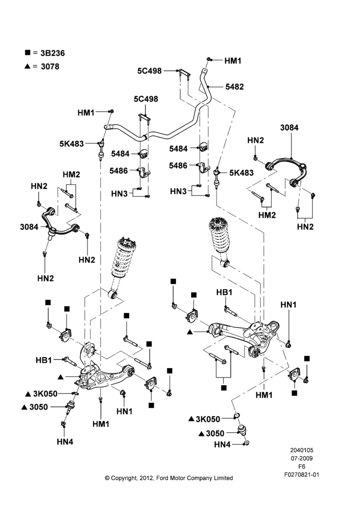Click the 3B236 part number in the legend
pyautogui.click(x=52, y=53)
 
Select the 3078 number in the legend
pyautogui.click(x=50, y=67)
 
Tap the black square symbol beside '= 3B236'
pyautogui.click(x=27, y=52)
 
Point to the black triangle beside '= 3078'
pyautogui.click(x=27, y=66)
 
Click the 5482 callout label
pyautogui.click(x=234, y=87)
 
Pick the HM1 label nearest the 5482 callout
pyautogui.click(x=233, y=60)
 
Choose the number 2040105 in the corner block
pyautogui.click(x=302, y=450)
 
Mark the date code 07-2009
pyautogui.click(x=302, y=458)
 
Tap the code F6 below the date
pyautogui.click(x=302, y=466)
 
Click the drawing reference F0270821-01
pyautogui.click(x=302, y=474)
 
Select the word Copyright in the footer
pyautogui.click(x=124, y=478)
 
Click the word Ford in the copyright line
pyautogui.click(x=162, y=478)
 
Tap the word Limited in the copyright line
pyautogui.click(x=223, y=478)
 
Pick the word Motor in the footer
pyautogui.click(x=177, y=478)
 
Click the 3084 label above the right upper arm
pyautogui.click(x=289, y=128)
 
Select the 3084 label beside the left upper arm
pyautogui.click(x=29, y=227)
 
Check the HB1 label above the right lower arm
pyautogui.click(x=224, y=293)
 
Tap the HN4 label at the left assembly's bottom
pyautogui.click(x=65, y=441)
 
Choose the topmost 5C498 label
pyautogui.click(x=149, y=71)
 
